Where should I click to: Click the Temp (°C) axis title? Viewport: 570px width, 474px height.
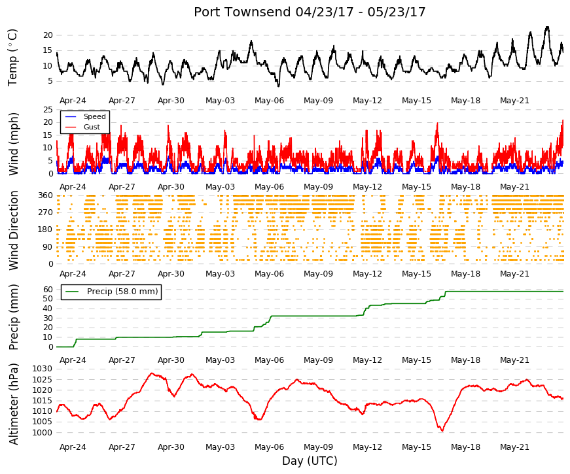point(12,58)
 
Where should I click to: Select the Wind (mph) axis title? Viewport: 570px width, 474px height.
point(13,144)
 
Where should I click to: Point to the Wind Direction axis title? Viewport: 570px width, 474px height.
point(13,230)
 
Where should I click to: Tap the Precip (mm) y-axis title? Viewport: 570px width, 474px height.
point(13,317)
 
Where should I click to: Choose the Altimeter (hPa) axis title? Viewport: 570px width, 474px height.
point(13,404)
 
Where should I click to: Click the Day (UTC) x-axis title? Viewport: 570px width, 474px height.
point(310,461)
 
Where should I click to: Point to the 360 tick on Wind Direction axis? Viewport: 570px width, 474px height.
point(45,195)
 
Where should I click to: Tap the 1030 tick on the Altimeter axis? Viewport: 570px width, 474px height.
point(42,369)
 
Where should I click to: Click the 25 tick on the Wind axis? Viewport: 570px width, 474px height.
point(48,110)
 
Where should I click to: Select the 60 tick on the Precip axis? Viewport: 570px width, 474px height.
point(48,290)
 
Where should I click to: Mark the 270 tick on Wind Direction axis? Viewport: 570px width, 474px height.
point(45,212)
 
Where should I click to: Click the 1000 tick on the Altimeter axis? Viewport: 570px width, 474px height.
point(42,433)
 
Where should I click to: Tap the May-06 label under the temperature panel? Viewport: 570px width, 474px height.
point(269,101)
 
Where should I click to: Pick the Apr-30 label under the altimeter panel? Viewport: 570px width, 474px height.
point(171,447)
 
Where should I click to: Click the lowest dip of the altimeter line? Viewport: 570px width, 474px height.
point(442,431)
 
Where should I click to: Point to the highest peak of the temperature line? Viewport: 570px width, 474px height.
point(547,27)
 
